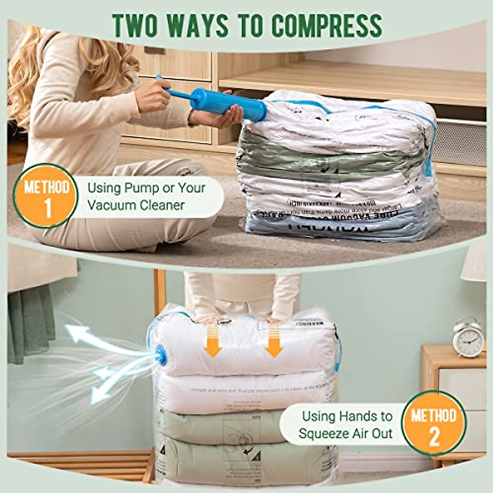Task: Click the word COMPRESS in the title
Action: pyautogui.click(x=327, y=25)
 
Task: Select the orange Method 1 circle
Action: pyautogui.click(x=46, y=196)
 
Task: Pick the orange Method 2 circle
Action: pyautogui.click(x=434, y=423)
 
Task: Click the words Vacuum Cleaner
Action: pyautogui.click(x=136, y=205)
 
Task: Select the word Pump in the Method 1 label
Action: pyautogui.click(x=141, y=188)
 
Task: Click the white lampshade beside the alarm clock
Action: pyautogui.click(x=477, y=263)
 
